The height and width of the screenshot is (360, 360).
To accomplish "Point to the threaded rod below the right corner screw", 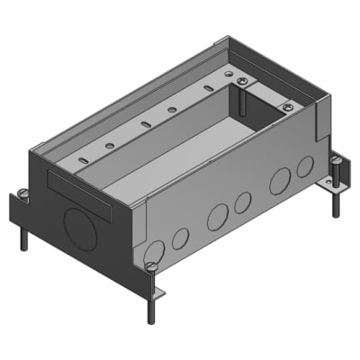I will tap(336, 203).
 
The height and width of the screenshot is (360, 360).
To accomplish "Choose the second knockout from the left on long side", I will tap(180, 238).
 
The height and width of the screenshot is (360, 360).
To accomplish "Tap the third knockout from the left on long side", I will tap(217, 218).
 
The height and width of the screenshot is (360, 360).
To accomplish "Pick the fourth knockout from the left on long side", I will tap(242, 203).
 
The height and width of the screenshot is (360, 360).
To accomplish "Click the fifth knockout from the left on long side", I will tap(279, 180).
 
